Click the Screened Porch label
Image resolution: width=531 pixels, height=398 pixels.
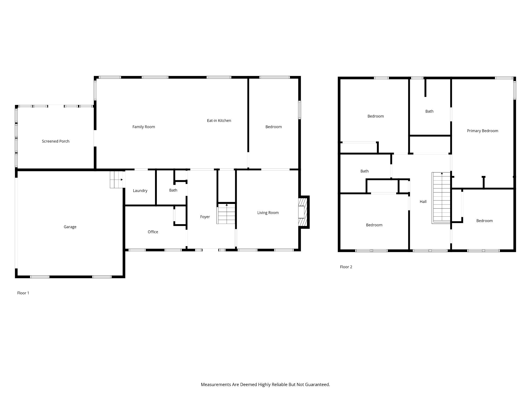pos(55,141)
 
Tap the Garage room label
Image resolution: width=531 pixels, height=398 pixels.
pos(70,227)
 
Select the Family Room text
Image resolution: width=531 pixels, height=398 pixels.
pos(144,127)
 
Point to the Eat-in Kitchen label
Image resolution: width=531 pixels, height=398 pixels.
pos(219,120)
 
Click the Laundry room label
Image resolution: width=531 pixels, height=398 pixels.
pos(140,190)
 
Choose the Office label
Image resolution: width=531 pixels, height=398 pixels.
pos(153,232)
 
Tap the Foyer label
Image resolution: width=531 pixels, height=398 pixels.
pos(205,217)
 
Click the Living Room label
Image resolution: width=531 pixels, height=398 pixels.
pos(268,212)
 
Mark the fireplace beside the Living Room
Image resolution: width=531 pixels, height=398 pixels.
pos(303,212)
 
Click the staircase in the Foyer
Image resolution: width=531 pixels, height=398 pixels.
pos(226,214)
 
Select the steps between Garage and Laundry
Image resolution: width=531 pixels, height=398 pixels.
pos(116,180)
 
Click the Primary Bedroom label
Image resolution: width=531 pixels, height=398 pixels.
pos(483,131)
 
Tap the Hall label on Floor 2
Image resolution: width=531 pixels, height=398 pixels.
pos(423,202)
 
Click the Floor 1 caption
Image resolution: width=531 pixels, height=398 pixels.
pos(23,293)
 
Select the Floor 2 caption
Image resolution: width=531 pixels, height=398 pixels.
pos(346,267)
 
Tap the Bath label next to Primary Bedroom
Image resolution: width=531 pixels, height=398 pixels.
pos(429,111)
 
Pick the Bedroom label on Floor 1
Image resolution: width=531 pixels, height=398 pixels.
pos(273,127)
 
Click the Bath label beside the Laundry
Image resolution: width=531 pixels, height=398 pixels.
pos(173,190)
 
